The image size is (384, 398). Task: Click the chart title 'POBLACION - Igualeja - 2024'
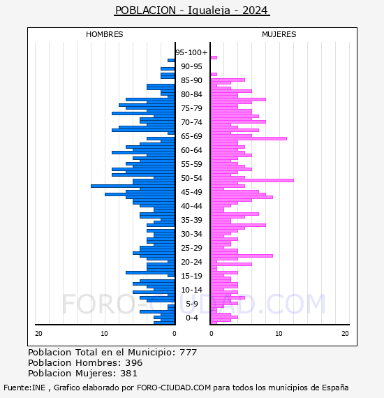tap(191, 10)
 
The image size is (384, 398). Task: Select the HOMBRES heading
tap(104, 34)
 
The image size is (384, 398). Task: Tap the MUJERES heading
tap(279, 34)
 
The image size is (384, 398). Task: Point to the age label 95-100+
tap(191, 52)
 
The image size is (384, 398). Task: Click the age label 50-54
tap(191, 178)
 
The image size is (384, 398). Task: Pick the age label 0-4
tap(191, 318)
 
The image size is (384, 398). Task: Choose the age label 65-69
tap(191, 136)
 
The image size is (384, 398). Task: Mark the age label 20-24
tap(191, 262)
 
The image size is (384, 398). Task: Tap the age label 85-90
tap(191, 80)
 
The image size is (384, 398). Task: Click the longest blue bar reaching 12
tap(133, 186)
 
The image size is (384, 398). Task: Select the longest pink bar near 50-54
tap(252, 180)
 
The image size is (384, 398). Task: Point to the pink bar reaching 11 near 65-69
tap(249, 138)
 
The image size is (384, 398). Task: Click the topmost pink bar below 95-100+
tap(214, 58)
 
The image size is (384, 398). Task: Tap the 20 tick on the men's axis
tap(38, 334)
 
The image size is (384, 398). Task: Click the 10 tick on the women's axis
tap(279, 334)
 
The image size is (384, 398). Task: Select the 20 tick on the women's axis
tap(345, 334)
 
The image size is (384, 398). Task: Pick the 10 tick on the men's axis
tap(104, 334)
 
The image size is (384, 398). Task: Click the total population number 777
tap(188, 353)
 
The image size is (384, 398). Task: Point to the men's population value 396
tap(134, 363)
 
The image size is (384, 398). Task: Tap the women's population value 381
tap(128, 374)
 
